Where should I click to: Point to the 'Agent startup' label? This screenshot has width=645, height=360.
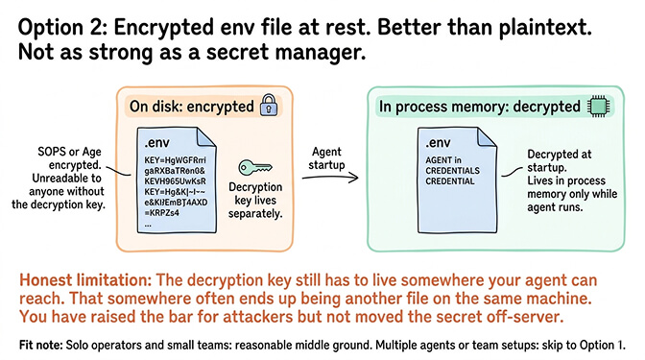coord(335,156)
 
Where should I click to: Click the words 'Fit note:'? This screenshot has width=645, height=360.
coord(47,343)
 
